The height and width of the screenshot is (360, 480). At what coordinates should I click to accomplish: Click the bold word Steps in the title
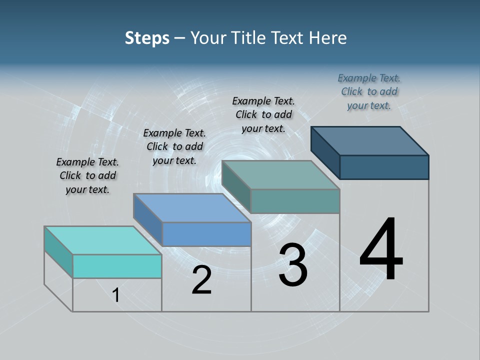click(147, 38)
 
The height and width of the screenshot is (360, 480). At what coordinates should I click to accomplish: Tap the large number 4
click(381, 249)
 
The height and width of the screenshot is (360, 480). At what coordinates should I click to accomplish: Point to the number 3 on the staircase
click(292, 265)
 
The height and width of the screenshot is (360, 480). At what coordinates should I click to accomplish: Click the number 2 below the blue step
click(201, 280)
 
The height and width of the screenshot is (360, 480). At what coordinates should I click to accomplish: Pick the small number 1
click(116, 295)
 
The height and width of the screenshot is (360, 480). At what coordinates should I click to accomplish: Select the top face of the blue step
click(192, 207)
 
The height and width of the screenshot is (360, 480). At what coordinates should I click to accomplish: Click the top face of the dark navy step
click(370, 140)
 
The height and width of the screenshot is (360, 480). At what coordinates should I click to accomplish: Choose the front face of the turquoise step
click(117, 266)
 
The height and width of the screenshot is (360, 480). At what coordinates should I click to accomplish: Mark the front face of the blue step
click(206, 234)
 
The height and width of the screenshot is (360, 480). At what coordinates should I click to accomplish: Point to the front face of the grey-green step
click(295, 201)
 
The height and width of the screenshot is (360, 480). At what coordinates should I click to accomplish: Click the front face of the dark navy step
click(384, 167)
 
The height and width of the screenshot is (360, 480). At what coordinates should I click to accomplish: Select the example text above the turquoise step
click(87, 175)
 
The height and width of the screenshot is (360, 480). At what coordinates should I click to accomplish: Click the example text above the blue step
click(174, 146)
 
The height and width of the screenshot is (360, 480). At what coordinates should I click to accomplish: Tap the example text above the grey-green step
click(263, 114)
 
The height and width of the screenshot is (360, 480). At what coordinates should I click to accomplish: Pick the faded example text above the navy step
click(369, 91)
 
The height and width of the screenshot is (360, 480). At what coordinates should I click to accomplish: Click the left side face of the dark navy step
click(325, 150)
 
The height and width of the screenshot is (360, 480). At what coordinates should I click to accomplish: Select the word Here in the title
click(328, 38)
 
